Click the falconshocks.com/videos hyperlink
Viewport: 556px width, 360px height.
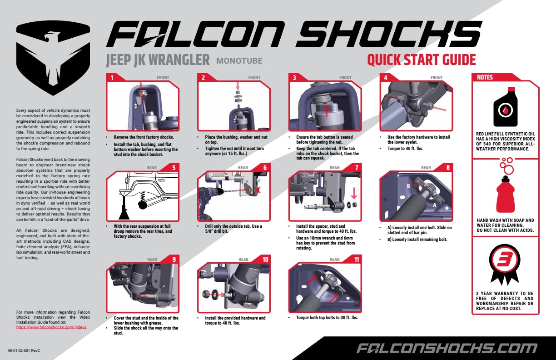pos(51,327)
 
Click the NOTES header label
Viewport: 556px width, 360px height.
pos(485,77)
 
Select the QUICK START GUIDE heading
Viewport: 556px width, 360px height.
pos(421,60)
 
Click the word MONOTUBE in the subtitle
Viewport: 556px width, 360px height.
pos(239,60)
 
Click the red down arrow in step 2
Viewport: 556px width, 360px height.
pos(238,85)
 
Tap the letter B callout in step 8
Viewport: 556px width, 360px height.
pos(409,186)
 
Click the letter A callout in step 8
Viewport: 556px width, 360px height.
pos(435,205)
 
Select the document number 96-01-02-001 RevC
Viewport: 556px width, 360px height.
pos(25,351)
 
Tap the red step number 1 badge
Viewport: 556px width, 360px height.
pos(112,77)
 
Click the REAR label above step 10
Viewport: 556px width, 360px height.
pos(243,260)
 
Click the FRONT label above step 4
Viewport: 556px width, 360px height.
pos(436,78)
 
